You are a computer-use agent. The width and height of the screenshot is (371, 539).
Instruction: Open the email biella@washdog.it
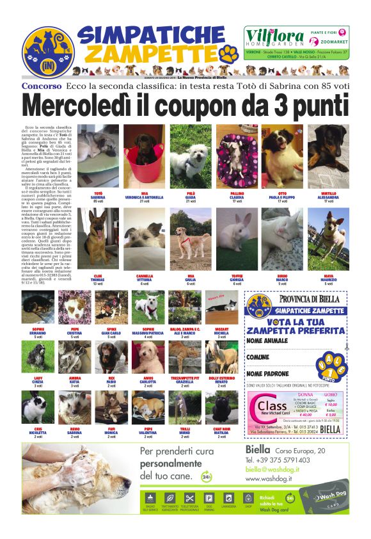276,469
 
